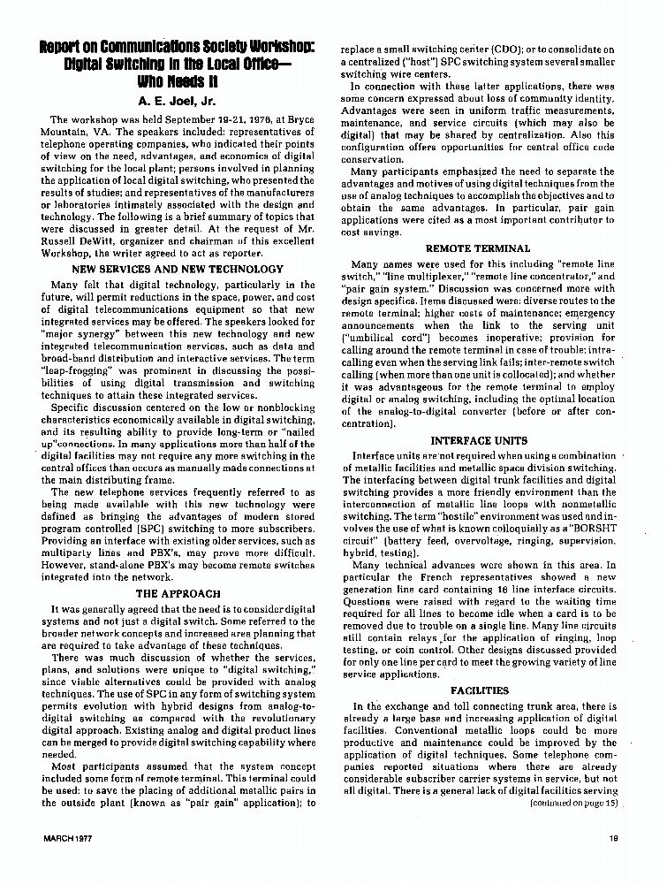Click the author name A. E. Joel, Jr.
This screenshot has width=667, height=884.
point(177,101)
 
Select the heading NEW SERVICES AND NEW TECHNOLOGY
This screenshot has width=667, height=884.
point(177,269)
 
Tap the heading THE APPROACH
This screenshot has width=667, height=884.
point(177,594)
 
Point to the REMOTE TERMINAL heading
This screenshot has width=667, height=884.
point(478,248)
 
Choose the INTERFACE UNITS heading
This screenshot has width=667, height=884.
point(478,439)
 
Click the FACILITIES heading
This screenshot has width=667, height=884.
point(479,690)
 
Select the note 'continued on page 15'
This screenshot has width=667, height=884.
point(573,803)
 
